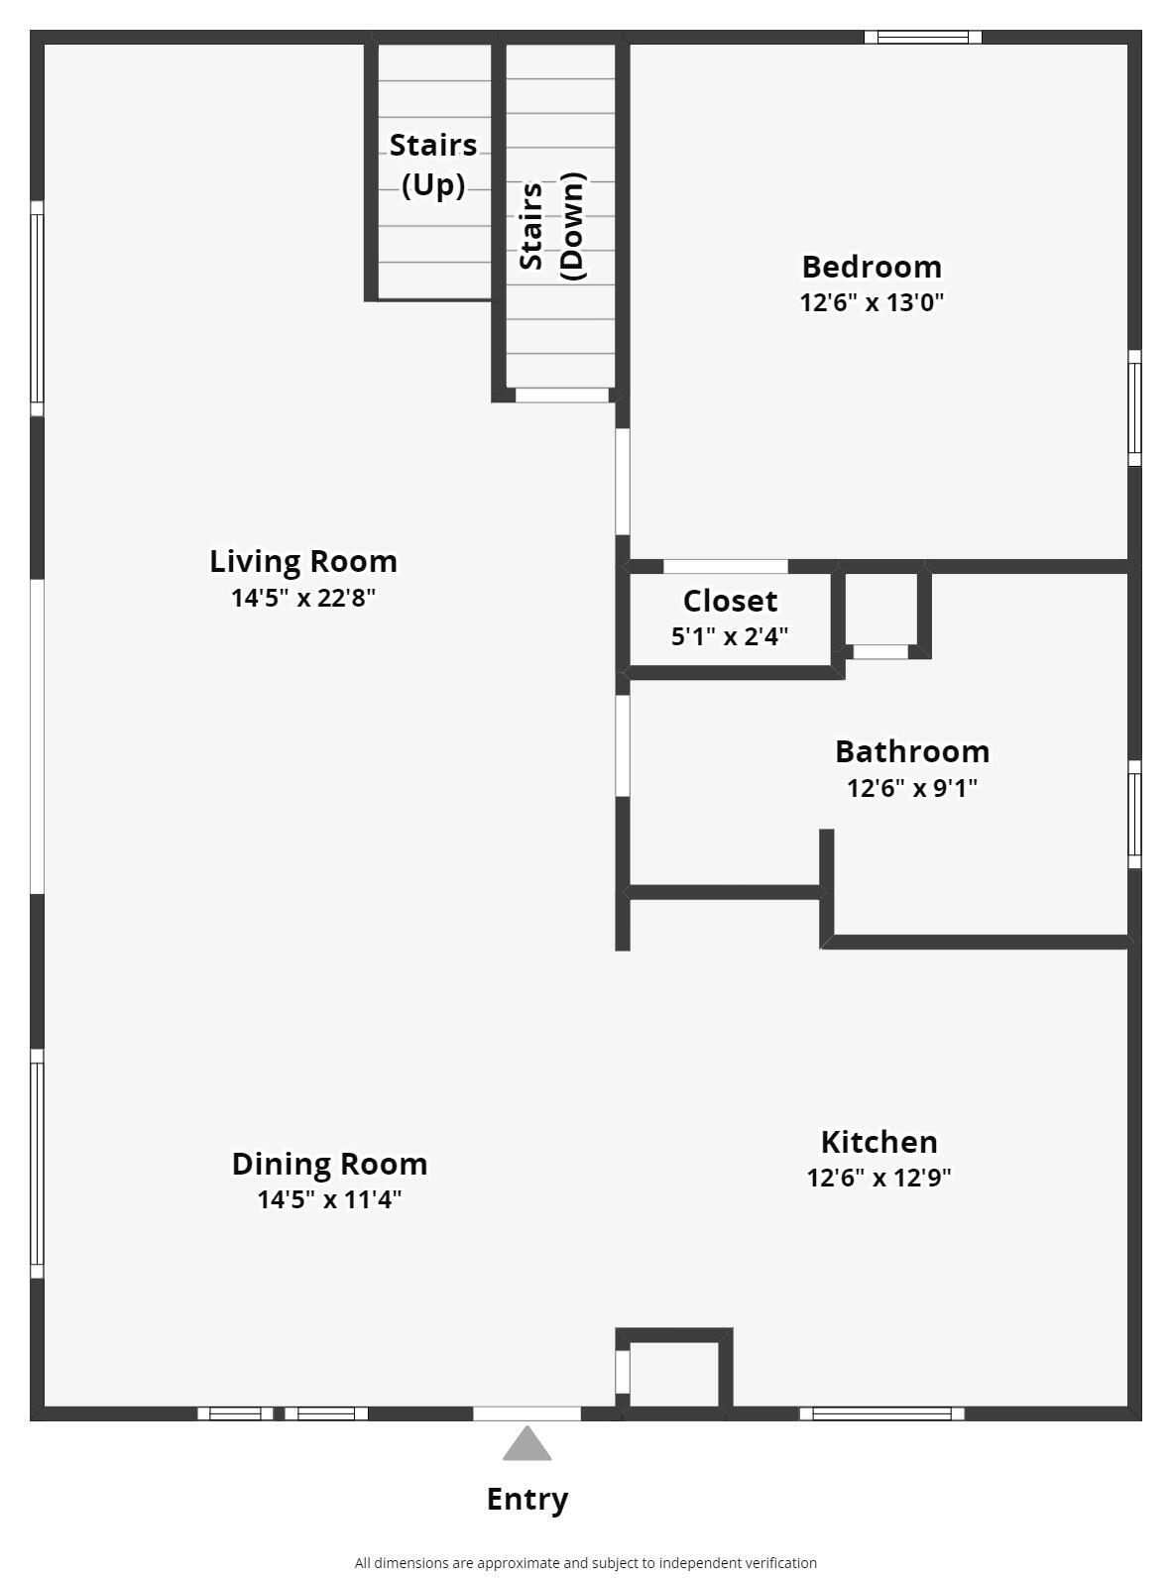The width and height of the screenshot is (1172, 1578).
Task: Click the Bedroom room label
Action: [x=872, y=268]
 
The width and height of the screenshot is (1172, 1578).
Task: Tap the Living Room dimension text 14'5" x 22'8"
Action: [x=302, y=598]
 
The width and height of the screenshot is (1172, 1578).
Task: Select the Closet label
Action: [x=730, y=602]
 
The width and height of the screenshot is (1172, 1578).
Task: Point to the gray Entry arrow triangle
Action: [x=527, y=1443]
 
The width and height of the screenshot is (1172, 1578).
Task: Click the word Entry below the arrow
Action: [x=527, y=1499]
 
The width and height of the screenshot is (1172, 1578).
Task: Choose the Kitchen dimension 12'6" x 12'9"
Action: [x=879, y=1178]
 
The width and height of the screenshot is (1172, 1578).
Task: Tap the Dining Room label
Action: [x=329, y=1165]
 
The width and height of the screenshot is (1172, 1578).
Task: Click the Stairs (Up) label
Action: [x=433, y=166]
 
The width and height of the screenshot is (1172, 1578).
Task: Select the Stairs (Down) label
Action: [x=552, y=226]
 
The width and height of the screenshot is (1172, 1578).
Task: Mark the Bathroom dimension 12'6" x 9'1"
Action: [x=912, y=788]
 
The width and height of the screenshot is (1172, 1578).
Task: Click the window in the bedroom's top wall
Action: [x=923, y=37]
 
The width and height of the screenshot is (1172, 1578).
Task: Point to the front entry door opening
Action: [x=527, y=1413]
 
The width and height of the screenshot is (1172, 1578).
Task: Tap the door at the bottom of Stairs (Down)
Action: [x=562, y=394]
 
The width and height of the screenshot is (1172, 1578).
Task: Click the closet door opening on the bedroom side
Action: [x=726, y=566]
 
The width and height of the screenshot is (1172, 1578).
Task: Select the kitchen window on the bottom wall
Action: [x=881, y=1413]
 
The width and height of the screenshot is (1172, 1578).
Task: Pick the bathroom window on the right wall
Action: [x=1135, y=814]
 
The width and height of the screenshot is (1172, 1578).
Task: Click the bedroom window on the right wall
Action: [x=1135, y=407]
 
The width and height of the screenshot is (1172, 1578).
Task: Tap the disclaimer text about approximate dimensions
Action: [x=585, y=1563]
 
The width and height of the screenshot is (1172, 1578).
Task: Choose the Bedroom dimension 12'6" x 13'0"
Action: [x=872, y=302]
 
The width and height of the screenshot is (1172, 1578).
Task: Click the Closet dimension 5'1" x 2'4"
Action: [x=730, y=636]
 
